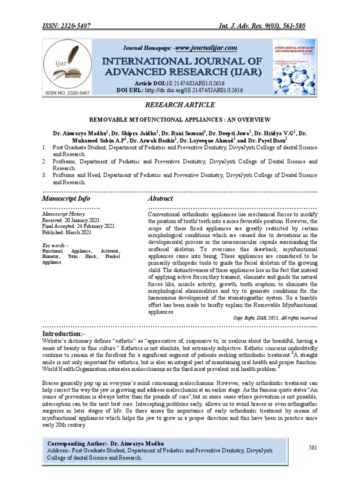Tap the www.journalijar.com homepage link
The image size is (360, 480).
click(x=206, y=48)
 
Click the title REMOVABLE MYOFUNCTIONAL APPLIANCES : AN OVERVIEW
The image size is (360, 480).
click(x=180, y=120)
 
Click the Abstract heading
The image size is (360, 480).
click(x=160, y=199)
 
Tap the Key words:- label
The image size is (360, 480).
click(x=55, y=245)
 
